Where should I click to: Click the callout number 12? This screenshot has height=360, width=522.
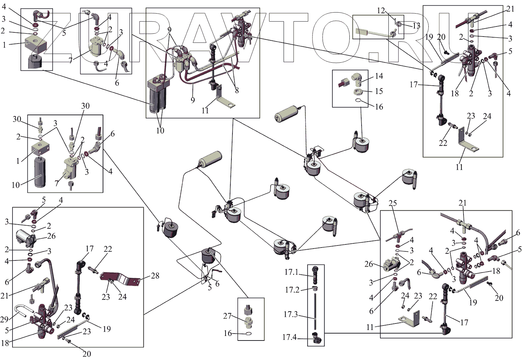[x=381, y=10]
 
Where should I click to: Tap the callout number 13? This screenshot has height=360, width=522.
[x=416, y=25]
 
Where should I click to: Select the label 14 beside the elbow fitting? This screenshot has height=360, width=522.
[x=379, y=76]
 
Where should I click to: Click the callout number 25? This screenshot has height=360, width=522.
[x=393, y=203]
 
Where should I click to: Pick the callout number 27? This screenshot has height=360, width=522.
[x=227, y=316]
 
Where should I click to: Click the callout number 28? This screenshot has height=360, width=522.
[x=155, y=276]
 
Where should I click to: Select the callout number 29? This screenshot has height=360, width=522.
[x=4, y=319]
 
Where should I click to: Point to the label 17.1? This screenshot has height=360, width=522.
[x=291, y=272]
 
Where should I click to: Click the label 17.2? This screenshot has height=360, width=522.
[x=292, y=290]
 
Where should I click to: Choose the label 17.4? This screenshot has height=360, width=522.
[x=289, y=337]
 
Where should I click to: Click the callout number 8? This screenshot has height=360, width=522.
[x=237, y=90]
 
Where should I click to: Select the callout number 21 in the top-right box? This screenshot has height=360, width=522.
[x=510, y=9]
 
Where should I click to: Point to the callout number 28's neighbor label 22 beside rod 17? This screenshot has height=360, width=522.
[x=108, y=249]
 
